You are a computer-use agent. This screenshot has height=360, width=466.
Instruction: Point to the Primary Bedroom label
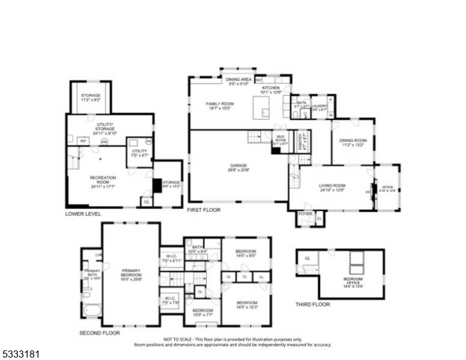[x=130, y=273]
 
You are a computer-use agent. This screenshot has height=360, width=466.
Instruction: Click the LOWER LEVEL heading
[x=83, y=214]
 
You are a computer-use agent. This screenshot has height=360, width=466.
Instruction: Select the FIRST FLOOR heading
[x=204, y=211]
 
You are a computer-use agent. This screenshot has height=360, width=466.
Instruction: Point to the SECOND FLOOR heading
[x=100, y=332]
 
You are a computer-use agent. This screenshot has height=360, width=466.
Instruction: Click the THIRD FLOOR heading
[x=312, y=304]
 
